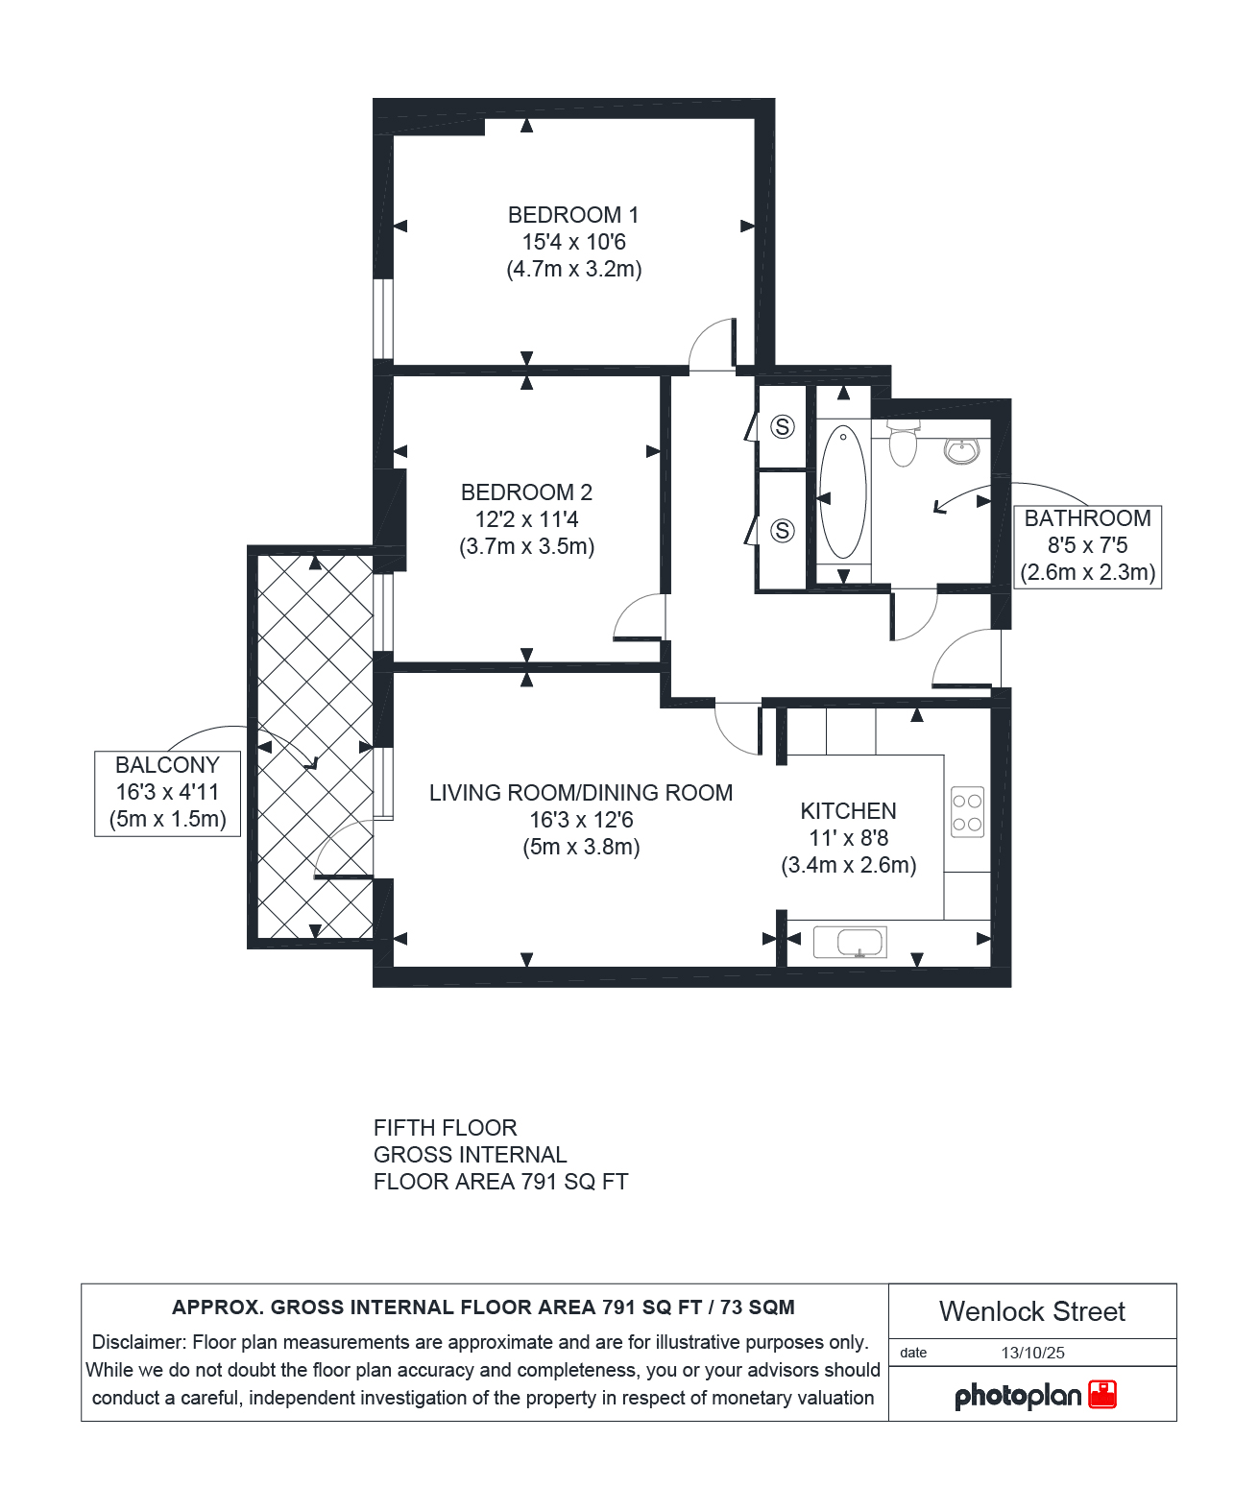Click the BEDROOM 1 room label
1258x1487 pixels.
click(x=573, y=215)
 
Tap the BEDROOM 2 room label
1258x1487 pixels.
click(x=526, y=492)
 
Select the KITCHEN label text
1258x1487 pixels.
click(x=848, y=811)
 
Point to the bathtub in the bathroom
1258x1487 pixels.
click(x=843, y=492)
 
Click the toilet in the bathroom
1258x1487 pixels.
click(x=903, y=443)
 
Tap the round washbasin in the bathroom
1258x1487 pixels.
click(x=962, y=451)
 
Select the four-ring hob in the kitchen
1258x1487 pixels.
click(x=967, y=812)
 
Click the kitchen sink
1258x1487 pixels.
click(x=850, y=943)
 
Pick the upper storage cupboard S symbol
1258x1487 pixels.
click(x=782, y=426)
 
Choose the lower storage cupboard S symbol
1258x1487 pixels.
click(x=782, y=531)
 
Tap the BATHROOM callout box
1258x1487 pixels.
click(x=1087, y=547)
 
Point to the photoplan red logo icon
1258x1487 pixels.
click(x=1101, y=1394)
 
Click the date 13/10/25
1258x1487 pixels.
click(x=1032, y=1353)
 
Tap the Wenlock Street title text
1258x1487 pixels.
click(x=1031, y=1311)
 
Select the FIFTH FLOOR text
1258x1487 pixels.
click(x=445, y=1127)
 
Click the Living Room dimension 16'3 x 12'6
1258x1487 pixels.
click(x=581, y=820)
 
